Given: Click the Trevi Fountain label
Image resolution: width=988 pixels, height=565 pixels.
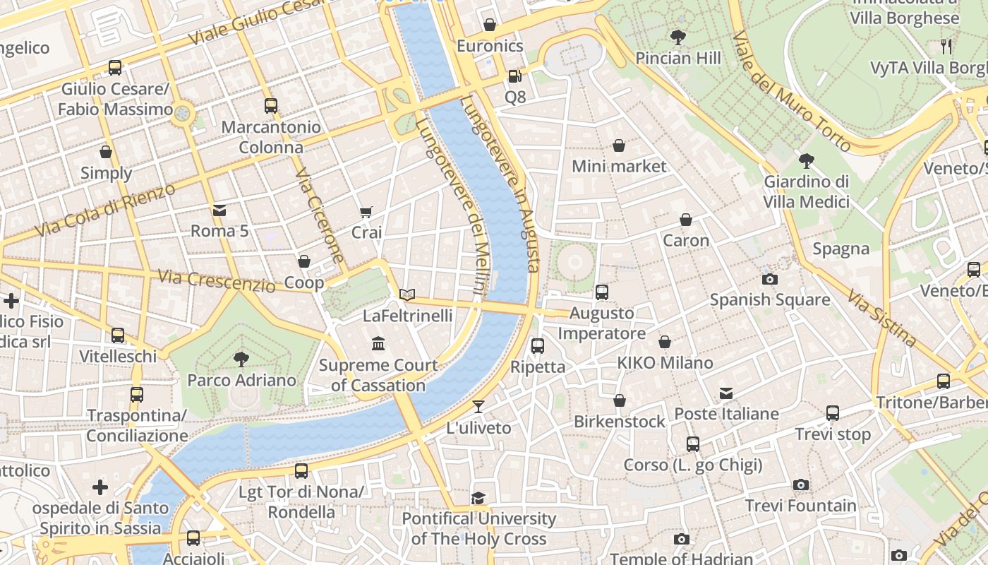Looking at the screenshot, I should point(800,506).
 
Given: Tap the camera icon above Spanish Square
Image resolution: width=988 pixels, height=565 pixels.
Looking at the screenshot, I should point(770,279).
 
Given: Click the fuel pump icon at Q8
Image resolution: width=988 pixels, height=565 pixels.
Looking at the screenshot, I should point(515,76).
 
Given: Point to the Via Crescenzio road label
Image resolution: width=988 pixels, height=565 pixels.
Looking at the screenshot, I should point(216,280).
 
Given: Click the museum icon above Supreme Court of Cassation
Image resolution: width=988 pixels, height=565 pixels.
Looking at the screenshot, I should point(378,343).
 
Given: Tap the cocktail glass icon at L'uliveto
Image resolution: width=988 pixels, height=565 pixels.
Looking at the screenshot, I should point(478,406).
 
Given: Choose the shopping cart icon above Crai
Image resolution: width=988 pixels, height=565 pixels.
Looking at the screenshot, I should point(366,212).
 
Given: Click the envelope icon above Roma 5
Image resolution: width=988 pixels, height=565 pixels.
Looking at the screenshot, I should point(219,210).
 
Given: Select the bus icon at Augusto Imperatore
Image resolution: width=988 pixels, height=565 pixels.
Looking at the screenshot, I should point(601,292).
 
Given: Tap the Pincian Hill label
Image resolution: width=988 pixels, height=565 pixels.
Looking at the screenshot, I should point(678,58).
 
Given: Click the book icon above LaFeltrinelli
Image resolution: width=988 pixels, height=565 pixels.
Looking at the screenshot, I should point(407,295).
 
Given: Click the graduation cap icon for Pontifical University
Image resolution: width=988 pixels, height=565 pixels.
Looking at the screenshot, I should point(478,498).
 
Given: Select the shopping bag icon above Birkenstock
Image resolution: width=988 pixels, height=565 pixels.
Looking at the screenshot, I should point(619,400).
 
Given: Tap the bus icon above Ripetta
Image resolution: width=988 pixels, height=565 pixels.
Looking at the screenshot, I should point(538,345).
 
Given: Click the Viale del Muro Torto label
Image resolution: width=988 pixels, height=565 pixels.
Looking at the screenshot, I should point(791,91).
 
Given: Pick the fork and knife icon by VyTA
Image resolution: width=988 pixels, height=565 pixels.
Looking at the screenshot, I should point(946,47).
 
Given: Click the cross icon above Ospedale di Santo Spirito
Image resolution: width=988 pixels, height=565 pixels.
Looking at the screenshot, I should point(100,487).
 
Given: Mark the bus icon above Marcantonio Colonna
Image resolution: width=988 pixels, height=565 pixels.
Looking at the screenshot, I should point(271,106).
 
